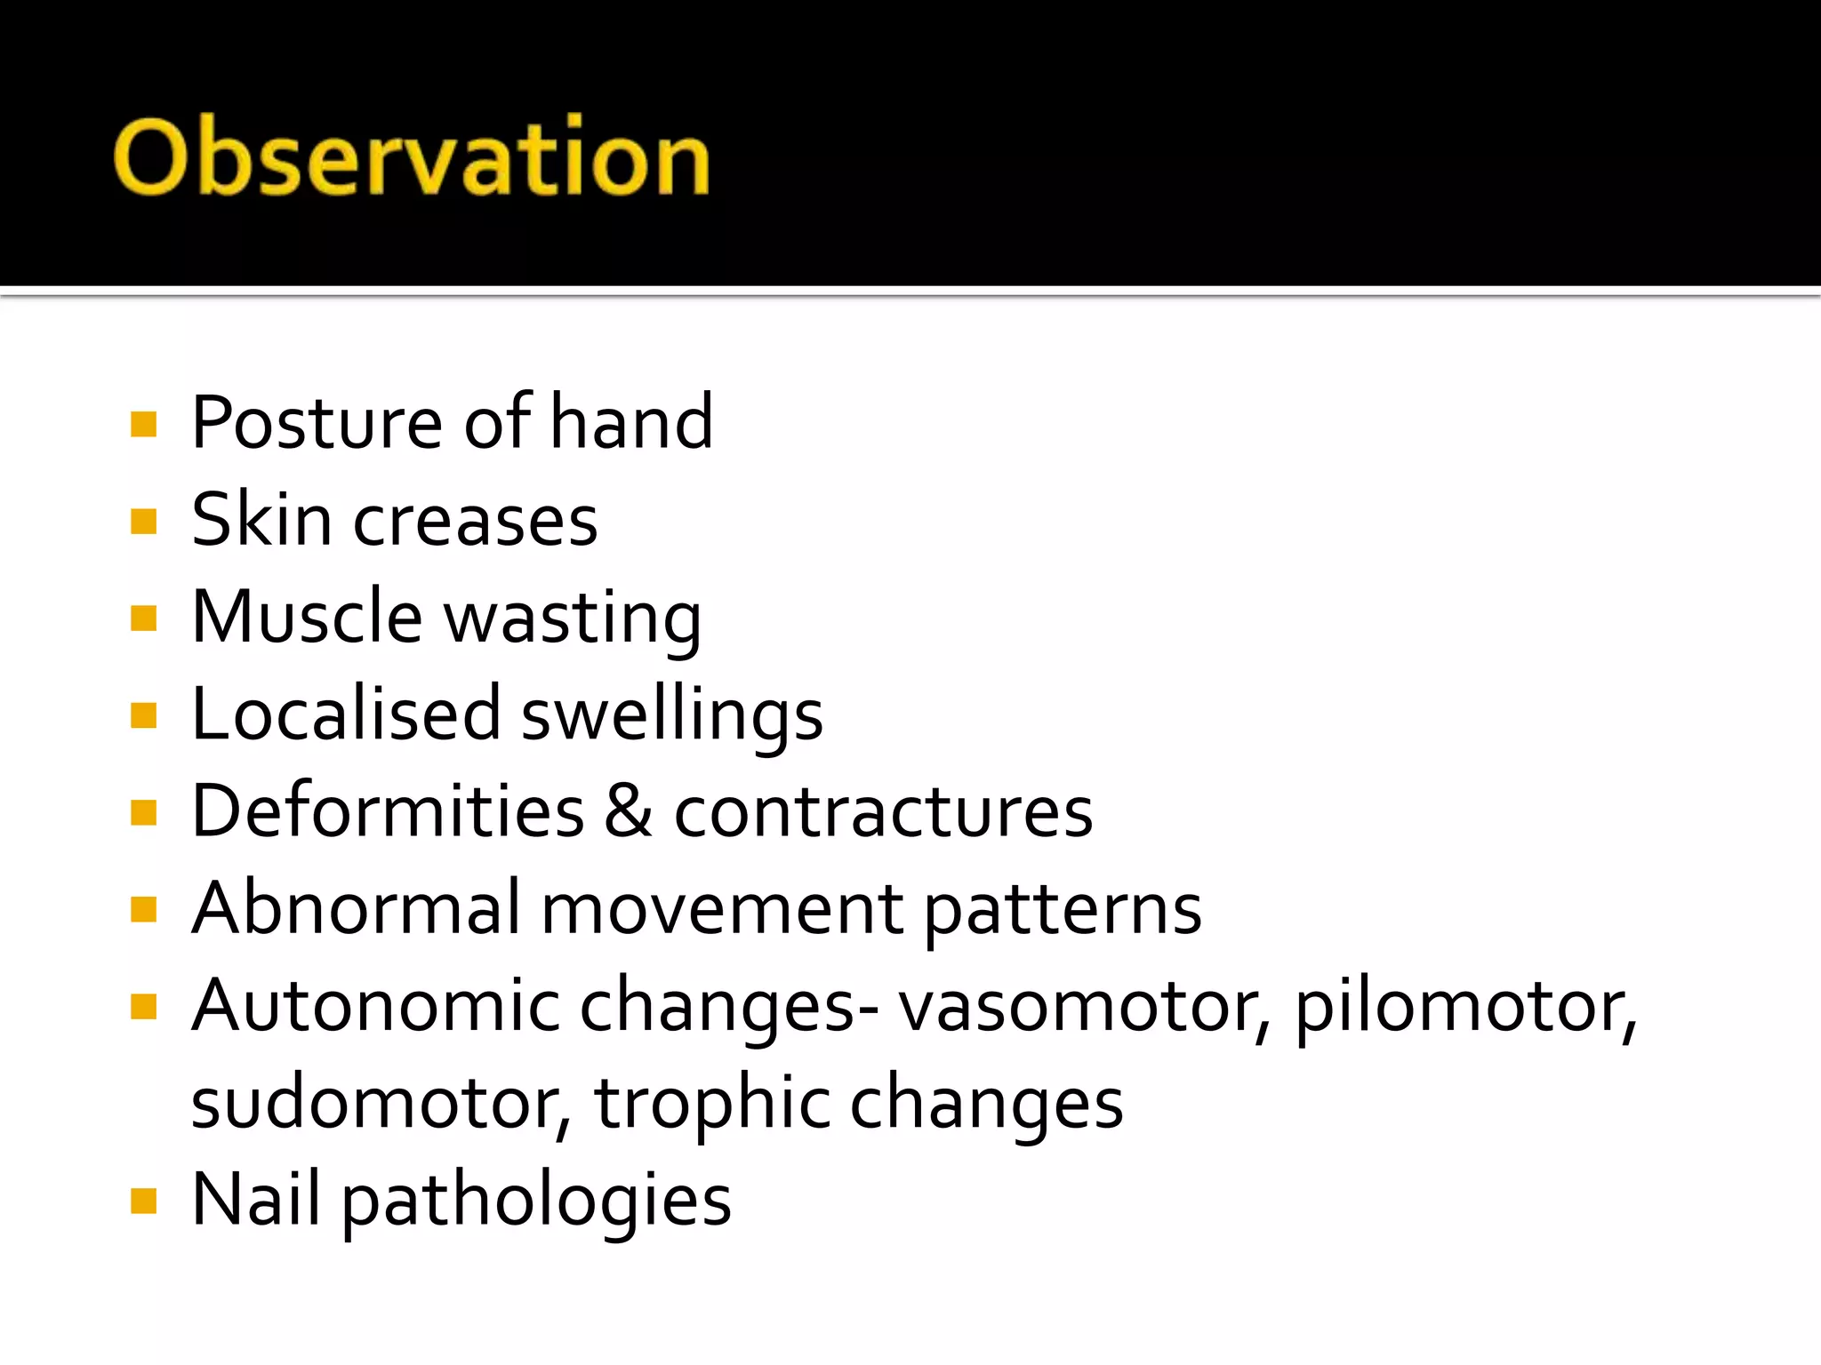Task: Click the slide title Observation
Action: (411, 157)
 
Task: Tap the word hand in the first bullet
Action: (631, 422)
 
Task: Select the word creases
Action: (476, 522)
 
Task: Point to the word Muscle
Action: (307, 617)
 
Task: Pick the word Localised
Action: (346, 714)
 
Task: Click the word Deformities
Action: (388, 811)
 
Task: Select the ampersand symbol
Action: (630, 811)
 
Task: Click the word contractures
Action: (883, 813)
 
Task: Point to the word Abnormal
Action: (356, 908)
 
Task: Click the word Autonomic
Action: (374, 1006)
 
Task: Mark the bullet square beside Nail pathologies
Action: (143, 1201)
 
